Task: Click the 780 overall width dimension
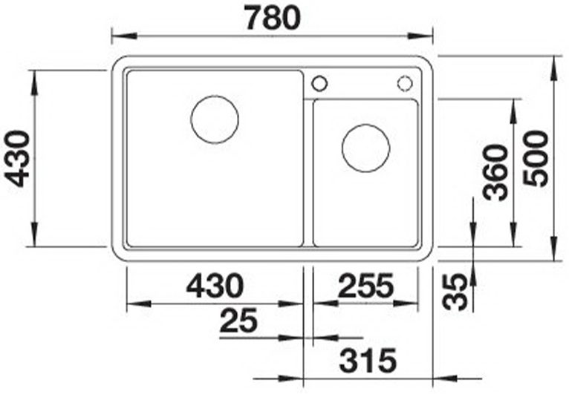pos(273,18)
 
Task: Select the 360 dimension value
pos(496,172)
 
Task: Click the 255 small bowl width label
pos(365,285)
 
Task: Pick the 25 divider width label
pos(238,321)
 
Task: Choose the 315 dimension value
pos(368,361)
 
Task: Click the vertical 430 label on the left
pos(16,159)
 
